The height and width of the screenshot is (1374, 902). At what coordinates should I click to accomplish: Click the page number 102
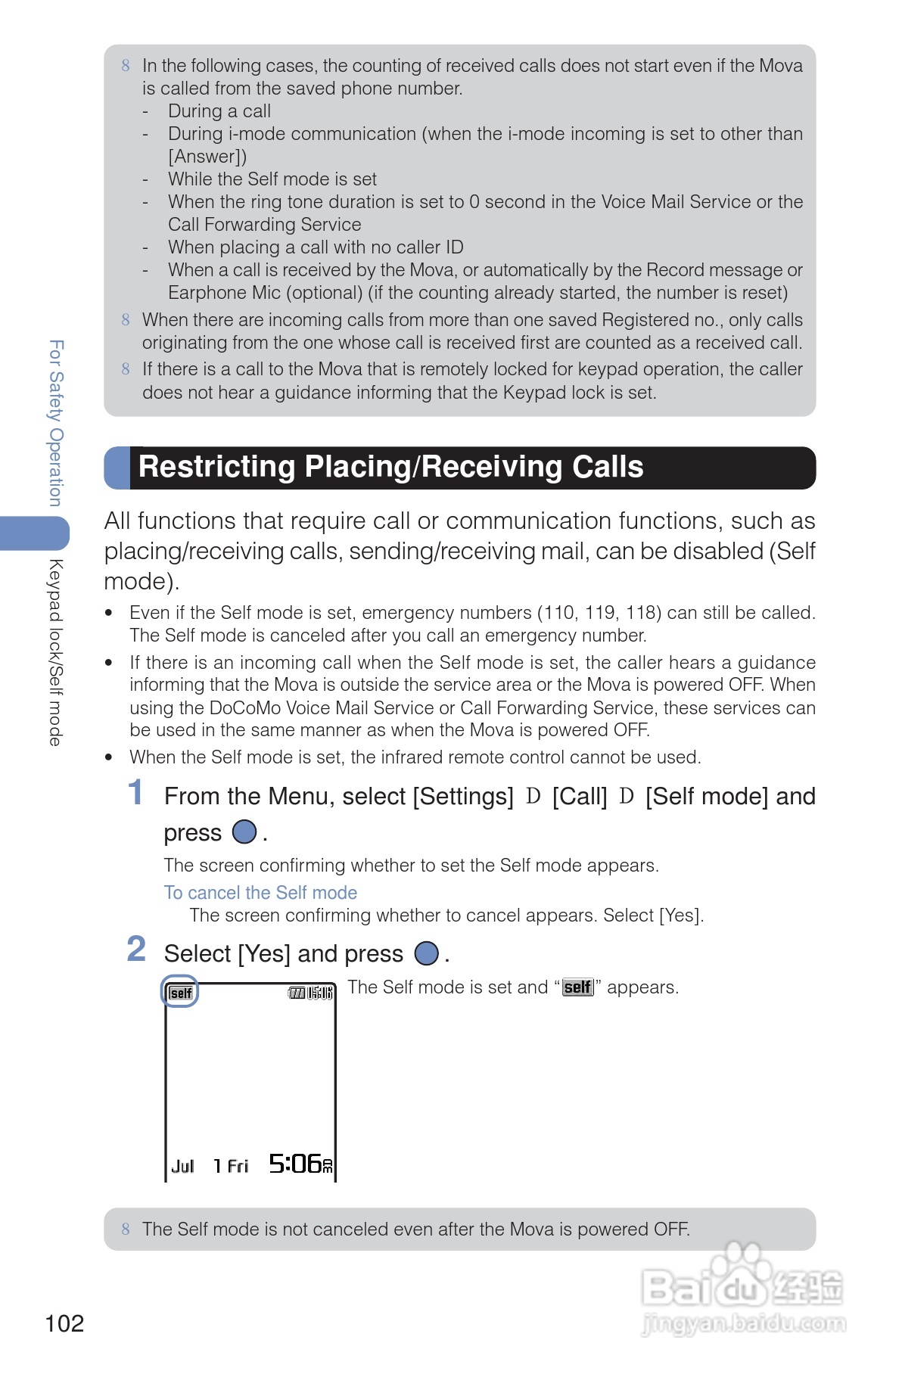pyautogui.click(x=64, y=1323)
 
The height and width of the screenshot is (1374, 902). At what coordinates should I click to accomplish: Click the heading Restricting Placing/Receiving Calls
pyautogui.click(x=390, y=467)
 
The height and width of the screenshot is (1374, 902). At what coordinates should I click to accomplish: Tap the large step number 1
pyautogui.click(x=135, y=793)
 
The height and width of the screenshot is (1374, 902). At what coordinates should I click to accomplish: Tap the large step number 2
pyautogui.click(x=136, y=950)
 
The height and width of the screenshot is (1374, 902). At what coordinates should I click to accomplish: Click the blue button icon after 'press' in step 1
pyautogui.click(x=244, y=832)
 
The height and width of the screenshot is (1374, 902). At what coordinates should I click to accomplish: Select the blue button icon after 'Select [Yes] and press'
pyautogui.click(x=427, y=953)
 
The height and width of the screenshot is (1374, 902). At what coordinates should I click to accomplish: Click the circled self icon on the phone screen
pyautogui.click(x=181, y=993)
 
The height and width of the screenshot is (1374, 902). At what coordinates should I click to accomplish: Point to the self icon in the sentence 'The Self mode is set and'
pyautogui.click(x=577, y=987)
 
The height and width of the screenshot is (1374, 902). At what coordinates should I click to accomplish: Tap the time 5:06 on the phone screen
pyautogui.click(x=296, y=1164)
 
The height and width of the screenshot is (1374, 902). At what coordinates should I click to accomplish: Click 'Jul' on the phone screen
pyautogui.click(x=182, y=1167)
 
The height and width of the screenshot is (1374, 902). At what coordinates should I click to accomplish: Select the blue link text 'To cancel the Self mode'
pyautogui.click(x=260, y=893)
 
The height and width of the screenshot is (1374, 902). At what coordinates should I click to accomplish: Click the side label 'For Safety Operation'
pyautogui.click(x=55, y=423)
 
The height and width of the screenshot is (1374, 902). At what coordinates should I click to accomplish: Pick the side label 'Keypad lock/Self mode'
pyautogui.click(x=55, y=652)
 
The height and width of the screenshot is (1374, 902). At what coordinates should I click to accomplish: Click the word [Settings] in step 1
pyautogui.click(x=462, y=797)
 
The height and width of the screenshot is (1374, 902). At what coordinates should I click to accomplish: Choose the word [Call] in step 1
pyautogui.click(x=580, y=797)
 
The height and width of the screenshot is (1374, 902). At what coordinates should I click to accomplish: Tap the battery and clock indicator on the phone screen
pyautogui.click(x=310, y=993)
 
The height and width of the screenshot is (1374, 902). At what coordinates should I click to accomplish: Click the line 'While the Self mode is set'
pyautogui.click(x=272, y=179)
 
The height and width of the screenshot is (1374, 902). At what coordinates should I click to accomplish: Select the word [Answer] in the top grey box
pyautogui.click(x=207, y=157)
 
